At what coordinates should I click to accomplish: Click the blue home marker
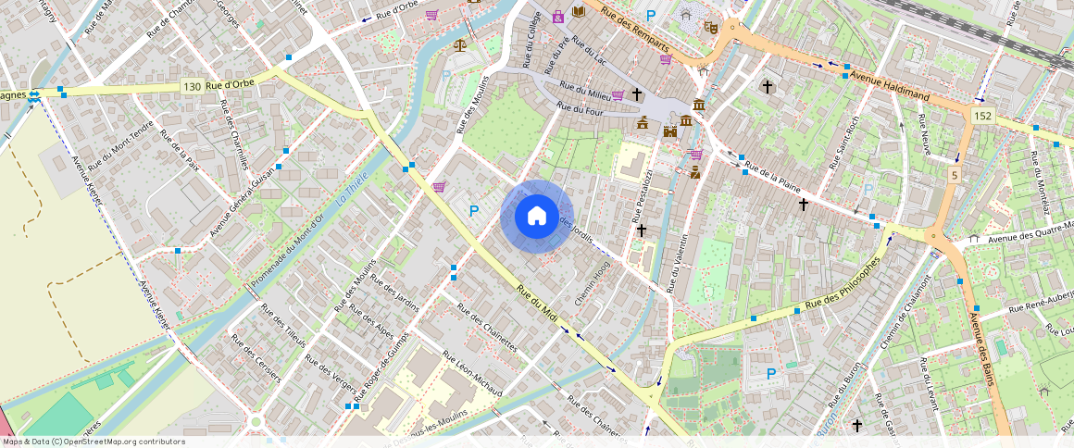coord(536,217)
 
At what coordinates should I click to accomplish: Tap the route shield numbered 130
coord(192,87)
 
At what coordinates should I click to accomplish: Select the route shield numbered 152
coord(982,115)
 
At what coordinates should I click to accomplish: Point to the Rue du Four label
coord(580,109)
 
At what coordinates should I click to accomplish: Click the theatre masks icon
coord(711,28)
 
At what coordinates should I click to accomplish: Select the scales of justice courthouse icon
coord(459,44)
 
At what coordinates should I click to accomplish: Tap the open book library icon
coord(579,12)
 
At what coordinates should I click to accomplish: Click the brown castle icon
coord(669,132)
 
